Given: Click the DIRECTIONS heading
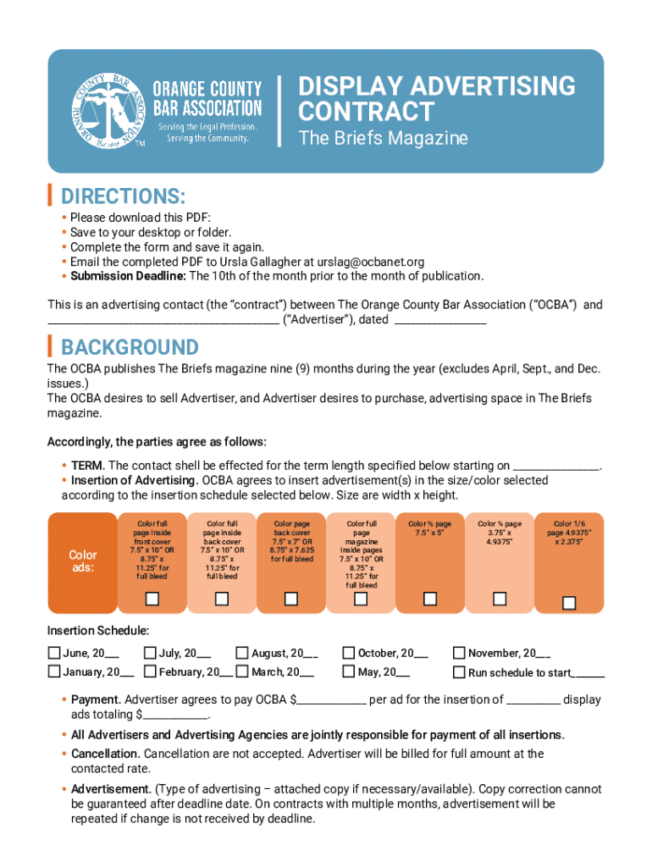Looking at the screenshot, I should [x=123, y=196].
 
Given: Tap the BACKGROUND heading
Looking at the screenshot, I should [x=130, y=347].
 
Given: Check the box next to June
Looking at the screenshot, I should [x=54, y=653].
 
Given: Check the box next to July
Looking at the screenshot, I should [x=151, y=653].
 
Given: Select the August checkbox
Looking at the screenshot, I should [x=242, y=653].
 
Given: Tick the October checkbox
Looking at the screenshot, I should [x=349, y=653].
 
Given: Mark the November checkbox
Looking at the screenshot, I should [x=459, y=653].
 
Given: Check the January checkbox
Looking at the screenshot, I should [x=54, y=672].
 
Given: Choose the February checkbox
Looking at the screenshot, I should [x=151, y=672].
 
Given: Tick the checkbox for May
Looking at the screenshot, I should [x=349, y=672].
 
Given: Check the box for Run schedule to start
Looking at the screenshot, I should [x=459, y=673].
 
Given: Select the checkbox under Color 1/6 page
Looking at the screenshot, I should [x=569, y=603].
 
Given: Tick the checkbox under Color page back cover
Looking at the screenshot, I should [x=291, y=599].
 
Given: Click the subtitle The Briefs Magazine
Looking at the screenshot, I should [x=383, y=138].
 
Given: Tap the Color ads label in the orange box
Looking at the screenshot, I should [x=83, y=561].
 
